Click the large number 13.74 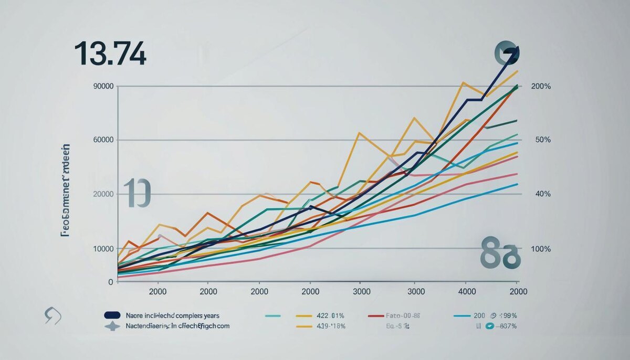(110, 54)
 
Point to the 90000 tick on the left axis (103, 86)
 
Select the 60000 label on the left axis (103, 140)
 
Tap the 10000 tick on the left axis (103, 249)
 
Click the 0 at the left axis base (110, 282)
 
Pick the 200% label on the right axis (541, 86)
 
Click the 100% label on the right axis (541, 249)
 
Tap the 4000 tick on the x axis (467, 291)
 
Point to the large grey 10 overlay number (137, 193)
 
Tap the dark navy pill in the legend (112, 315)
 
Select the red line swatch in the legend (376, 316)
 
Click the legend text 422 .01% (330, 316)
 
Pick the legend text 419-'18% (330, 326)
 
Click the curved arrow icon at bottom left (53, 316)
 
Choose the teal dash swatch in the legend (274, 316)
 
